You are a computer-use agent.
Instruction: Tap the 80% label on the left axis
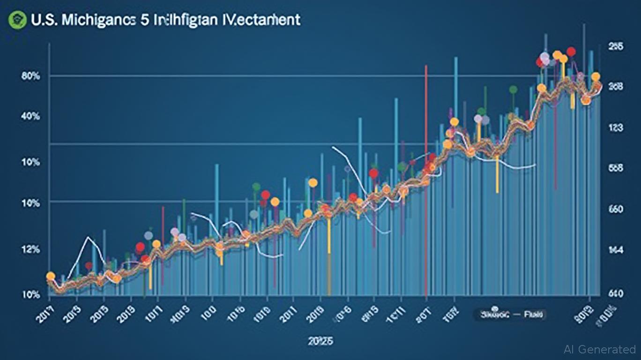[30, 76]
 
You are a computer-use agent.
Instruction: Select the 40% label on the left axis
[30, 116]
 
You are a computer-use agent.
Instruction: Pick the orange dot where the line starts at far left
[51, 276]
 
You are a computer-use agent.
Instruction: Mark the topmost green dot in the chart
[513, 89]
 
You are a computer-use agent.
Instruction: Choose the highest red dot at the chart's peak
[571, 52]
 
